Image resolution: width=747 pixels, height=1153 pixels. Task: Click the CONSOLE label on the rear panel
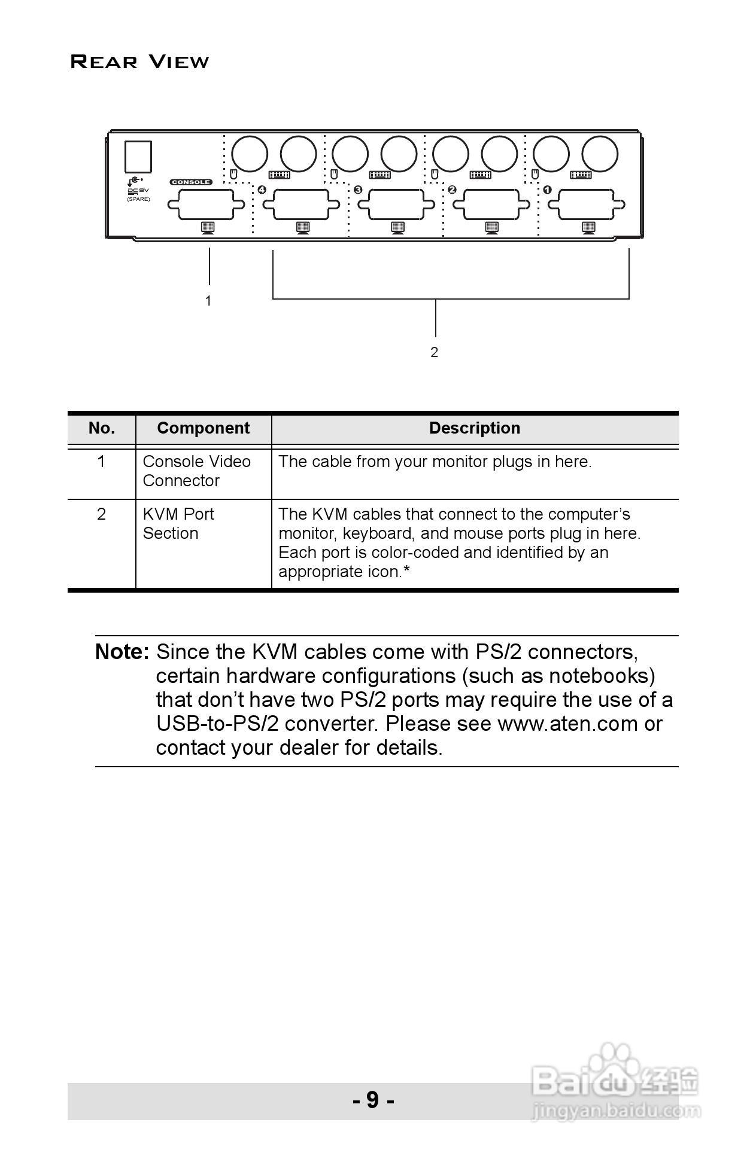191,182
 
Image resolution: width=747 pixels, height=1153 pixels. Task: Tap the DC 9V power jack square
138,157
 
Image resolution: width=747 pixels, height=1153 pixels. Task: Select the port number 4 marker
262,190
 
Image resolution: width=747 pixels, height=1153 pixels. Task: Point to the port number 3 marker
358,190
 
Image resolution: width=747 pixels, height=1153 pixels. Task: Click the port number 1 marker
547,190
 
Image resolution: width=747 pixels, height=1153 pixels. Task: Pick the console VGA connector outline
206,205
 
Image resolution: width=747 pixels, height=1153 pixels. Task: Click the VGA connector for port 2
491,205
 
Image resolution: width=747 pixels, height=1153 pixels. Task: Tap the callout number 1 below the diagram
208,301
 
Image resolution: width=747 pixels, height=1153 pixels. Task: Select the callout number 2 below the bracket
435,352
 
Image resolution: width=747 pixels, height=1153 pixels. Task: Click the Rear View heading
139,62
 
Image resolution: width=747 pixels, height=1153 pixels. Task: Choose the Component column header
203,428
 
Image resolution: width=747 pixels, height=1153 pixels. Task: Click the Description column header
475,428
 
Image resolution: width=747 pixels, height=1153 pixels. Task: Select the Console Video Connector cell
196,471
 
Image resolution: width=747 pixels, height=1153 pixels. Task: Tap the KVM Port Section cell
178,524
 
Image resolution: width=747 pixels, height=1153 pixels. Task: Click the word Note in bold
122,652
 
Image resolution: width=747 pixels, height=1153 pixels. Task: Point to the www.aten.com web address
567,724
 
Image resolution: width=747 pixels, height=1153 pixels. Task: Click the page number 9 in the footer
373,1099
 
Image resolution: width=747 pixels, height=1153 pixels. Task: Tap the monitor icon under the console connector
207,227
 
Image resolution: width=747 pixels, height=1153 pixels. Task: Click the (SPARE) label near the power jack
138,199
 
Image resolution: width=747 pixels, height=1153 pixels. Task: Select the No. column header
101,428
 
